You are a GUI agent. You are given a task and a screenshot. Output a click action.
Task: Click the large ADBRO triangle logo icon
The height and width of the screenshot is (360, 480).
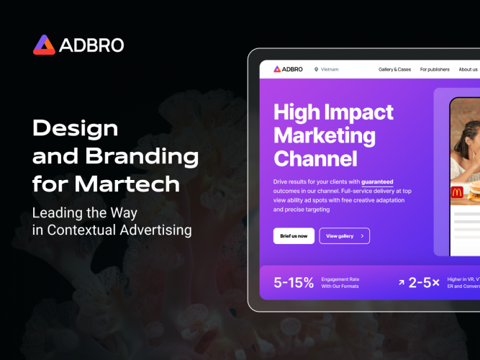(44, 45)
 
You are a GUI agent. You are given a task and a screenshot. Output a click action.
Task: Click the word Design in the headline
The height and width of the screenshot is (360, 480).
(76, 129)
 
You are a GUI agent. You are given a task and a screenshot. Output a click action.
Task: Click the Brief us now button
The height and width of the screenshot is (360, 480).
(294, 235)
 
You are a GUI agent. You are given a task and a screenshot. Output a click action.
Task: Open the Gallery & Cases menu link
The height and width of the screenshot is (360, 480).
(394, 70)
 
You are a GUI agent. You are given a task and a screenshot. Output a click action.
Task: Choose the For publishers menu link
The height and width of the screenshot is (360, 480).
(435, 70)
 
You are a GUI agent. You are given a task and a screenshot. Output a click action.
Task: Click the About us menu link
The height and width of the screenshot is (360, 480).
(468, 70)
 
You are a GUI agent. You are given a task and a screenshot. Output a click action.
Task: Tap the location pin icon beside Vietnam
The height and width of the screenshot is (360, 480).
(316, 70)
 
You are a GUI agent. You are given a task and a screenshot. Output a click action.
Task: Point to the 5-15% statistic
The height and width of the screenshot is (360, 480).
(294, 283)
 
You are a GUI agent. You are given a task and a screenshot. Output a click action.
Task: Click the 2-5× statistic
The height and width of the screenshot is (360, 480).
(424, 283)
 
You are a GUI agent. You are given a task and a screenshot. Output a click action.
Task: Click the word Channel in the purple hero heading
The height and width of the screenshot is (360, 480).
(315, 158)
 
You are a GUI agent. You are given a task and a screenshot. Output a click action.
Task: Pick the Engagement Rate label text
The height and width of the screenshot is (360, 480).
(340, 279)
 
